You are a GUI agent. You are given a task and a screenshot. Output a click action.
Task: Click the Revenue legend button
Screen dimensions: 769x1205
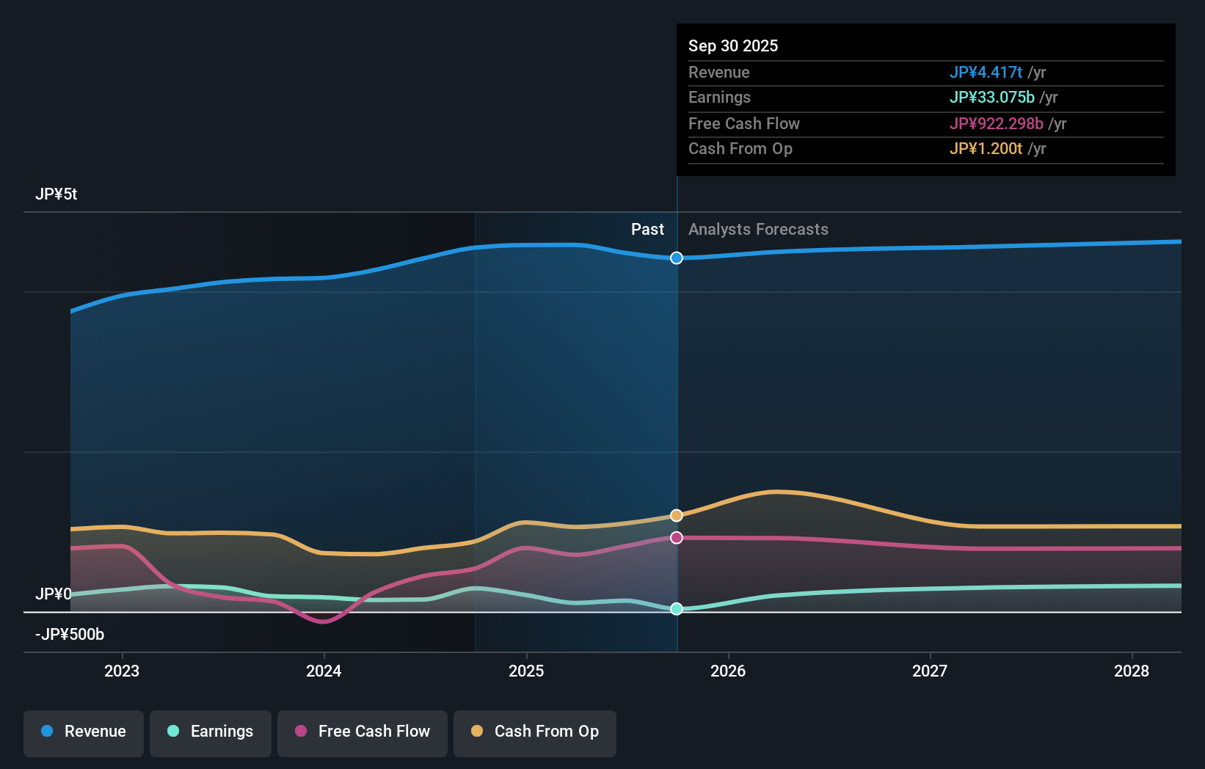tap(84, 732)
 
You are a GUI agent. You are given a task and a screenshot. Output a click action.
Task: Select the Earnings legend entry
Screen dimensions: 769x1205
tap(211, 732)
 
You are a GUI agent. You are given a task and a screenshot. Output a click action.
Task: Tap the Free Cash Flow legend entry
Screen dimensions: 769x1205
tap(363, 732)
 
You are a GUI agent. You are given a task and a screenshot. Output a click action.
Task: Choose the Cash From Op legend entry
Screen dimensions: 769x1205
tap(535, 732)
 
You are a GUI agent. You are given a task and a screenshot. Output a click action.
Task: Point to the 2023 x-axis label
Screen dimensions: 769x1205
tap(122, 671)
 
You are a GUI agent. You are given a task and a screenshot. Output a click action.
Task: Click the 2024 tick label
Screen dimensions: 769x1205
tap(324, 671)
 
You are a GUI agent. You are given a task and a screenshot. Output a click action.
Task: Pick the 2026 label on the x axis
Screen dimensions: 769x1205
tap(728, 671)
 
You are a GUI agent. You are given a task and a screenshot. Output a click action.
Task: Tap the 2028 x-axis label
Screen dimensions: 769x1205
tap(1132, 671)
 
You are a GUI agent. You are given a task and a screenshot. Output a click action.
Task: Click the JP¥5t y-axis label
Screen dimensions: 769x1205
tap(56, 194)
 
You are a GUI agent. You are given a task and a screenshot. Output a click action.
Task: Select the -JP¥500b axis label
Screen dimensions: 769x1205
tap(70, 634)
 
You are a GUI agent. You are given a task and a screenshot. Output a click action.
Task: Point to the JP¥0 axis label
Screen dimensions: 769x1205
tap(54, 594)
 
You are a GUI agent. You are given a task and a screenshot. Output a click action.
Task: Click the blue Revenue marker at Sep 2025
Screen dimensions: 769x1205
tap(677, 258)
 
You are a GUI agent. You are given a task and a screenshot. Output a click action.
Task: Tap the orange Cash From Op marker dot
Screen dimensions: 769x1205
tap(677, 516)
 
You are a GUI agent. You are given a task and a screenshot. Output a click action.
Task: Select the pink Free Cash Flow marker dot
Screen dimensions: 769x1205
tap(677, 538)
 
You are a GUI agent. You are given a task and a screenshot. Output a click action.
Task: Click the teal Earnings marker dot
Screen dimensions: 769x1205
tap(677, 609)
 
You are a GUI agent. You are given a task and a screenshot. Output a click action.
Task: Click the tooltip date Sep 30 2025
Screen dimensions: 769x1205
tap(733, 45)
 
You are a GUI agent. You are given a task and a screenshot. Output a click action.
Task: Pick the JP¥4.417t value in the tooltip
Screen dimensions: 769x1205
tap(986, 72)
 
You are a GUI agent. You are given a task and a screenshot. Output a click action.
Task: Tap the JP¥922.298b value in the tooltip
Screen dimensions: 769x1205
tap(996, 123)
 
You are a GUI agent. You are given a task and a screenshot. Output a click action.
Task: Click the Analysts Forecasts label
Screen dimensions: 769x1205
tap(758, 230)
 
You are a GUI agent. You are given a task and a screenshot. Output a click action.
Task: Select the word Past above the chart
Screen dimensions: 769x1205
tap(647, 230)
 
